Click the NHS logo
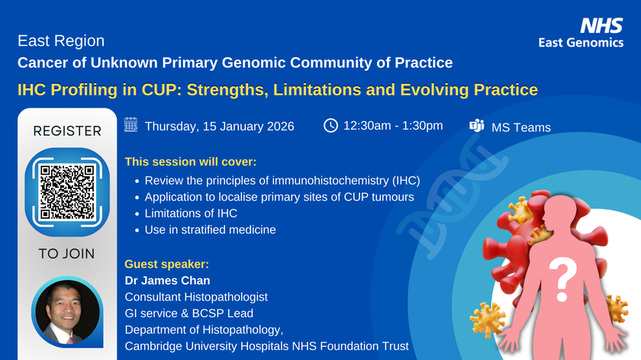[601, 25]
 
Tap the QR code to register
[67, 191]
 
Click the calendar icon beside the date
[130, 124]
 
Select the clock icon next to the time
[330, 125]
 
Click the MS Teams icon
[477, 125]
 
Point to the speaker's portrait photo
[67, 312]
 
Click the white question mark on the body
[562, 281]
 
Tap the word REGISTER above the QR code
[67, 131]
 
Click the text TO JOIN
[66, 254]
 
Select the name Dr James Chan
[167, 281]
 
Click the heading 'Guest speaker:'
[167, 265]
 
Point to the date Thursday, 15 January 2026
[220, 127]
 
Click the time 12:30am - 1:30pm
[393, 125]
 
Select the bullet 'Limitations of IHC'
[191, 214]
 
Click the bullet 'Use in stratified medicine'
[210, 230]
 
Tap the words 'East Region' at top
[61, 41]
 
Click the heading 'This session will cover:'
[191, 162]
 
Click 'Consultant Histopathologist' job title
[196, 297]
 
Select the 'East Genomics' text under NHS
[581, 43]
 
